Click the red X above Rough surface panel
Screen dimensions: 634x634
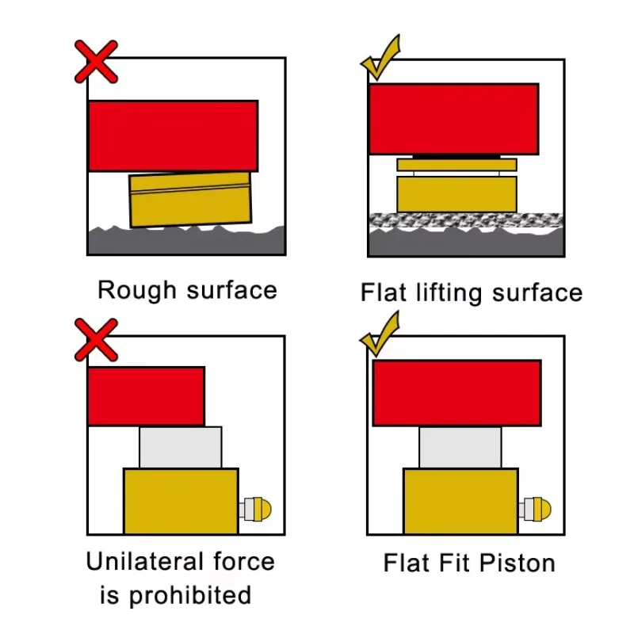(x=96, y=62)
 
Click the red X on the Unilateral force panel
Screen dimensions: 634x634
(x=96, y=340)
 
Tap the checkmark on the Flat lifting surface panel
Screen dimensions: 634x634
(x=380, y=57)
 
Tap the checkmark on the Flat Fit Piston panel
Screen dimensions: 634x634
(x=380, y=334)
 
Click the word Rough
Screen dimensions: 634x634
(x=137, y=290)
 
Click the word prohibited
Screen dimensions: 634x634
(x=189, y=596)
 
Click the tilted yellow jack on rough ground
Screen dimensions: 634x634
(x=190, y=200)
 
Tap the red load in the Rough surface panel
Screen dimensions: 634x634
(x=173, y=136)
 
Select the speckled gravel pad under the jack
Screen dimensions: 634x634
(x=466, y=220)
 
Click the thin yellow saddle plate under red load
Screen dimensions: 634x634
(x=456, y=165)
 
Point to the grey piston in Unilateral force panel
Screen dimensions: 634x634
(x=181, y=447)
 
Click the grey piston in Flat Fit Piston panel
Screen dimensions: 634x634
(x=460, y=447)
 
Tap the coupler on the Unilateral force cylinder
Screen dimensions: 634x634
(x=255, y=509)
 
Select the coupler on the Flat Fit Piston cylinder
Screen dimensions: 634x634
(x=535, y=509)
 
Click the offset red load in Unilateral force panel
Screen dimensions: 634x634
(x=146, y=396)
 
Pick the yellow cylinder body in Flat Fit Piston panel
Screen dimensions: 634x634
(x=460, y=501)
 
